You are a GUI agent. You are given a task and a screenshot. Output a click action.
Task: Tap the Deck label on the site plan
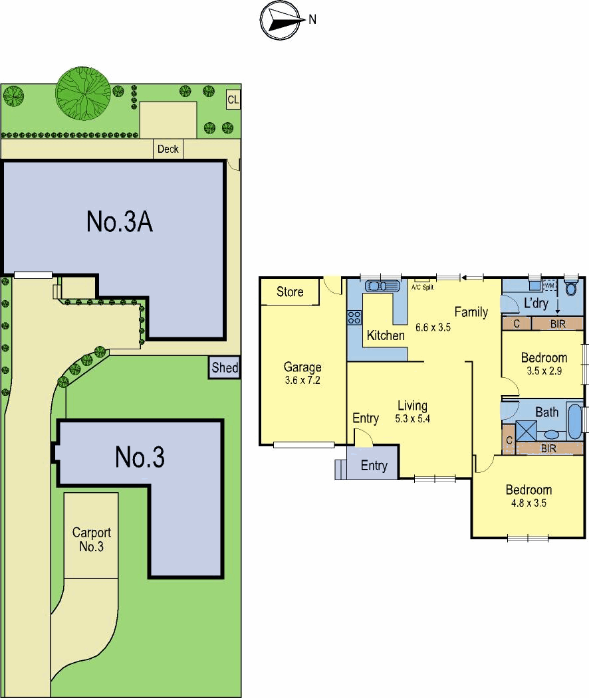pos(168,149)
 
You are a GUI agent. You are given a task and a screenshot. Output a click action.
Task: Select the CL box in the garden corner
pos(233,99)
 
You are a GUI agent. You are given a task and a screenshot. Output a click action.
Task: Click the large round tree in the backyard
pos(83,94)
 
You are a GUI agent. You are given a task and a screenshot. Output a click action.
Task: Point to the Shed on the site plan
pos(225,368)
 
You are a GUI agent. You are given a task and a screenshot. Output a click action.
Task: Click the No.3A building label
pos(120,221)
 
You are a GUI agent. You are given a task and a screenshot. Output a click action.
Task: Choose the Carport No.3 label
pos(91,539)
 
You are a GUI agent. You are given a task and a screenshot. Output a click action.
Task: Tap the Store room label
pos(290,292)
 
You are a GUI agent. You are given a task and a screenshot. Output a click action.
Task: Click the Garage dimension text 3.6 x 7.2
pos(302,380)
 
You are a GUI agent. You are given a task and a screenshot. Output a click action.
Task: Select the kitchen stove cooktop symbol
pos(354,317)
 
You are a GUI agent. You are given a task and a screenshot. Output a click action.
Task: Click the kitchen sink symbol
pos(382,286)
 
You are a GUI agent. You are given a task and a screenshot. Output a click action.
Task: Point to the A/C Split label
pos(422,288)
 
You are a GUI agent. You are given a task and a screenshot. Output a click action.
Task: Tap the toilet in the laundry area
pos(571,288)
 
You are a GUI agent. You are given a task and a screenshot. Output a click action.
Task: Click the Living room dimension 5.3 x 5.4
pos(412,419)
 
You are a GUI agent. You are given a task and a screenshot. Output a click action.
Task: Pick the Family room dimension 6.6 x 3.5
pos(433,327)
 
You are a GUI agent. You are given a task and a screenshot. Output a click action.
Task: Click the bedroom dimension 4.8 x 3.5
pos(529,503)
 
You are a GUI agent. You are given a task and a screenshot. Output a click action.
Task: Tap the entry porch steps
pos(340,470)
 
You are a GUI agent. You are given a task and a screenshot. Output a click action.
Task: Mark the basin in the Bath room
pos(552,434)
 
